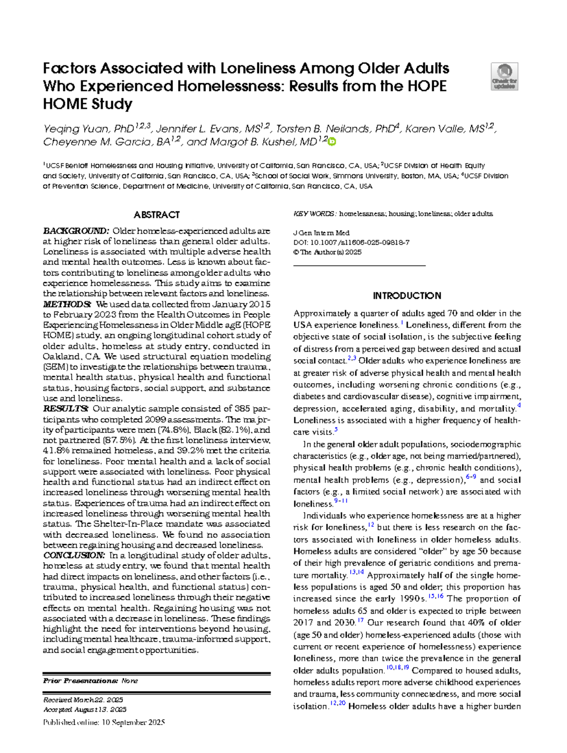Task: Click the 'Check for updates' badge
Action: pos(505,77)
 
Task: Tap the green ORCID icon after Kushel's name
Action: pos(332,141)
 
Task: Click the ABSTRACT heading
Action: pos(157,215)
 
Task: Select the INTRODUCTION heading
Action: pos(407,296)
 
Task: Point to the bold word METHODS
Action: pos(67,304)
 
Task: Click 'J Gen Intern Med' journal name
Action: pos(321,233)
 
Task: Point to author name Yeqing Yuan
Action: pos(76,129)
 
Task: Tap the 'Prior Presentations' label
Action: pos(80,681)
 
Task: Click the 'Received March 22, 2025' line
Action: pos(83,700)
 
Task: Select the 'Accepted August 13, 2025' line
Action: pos(85,710)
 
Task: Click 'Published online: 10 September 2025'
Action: pos(104,722)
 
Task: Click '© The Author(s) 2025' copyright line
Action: pos(327,252)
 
